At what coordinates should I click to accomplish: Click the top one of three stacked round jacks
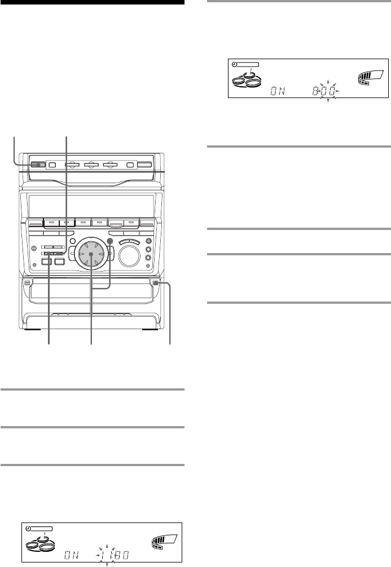pos(149,239)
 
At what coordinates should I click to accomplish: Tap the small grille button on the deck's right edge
pos(153,283)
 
